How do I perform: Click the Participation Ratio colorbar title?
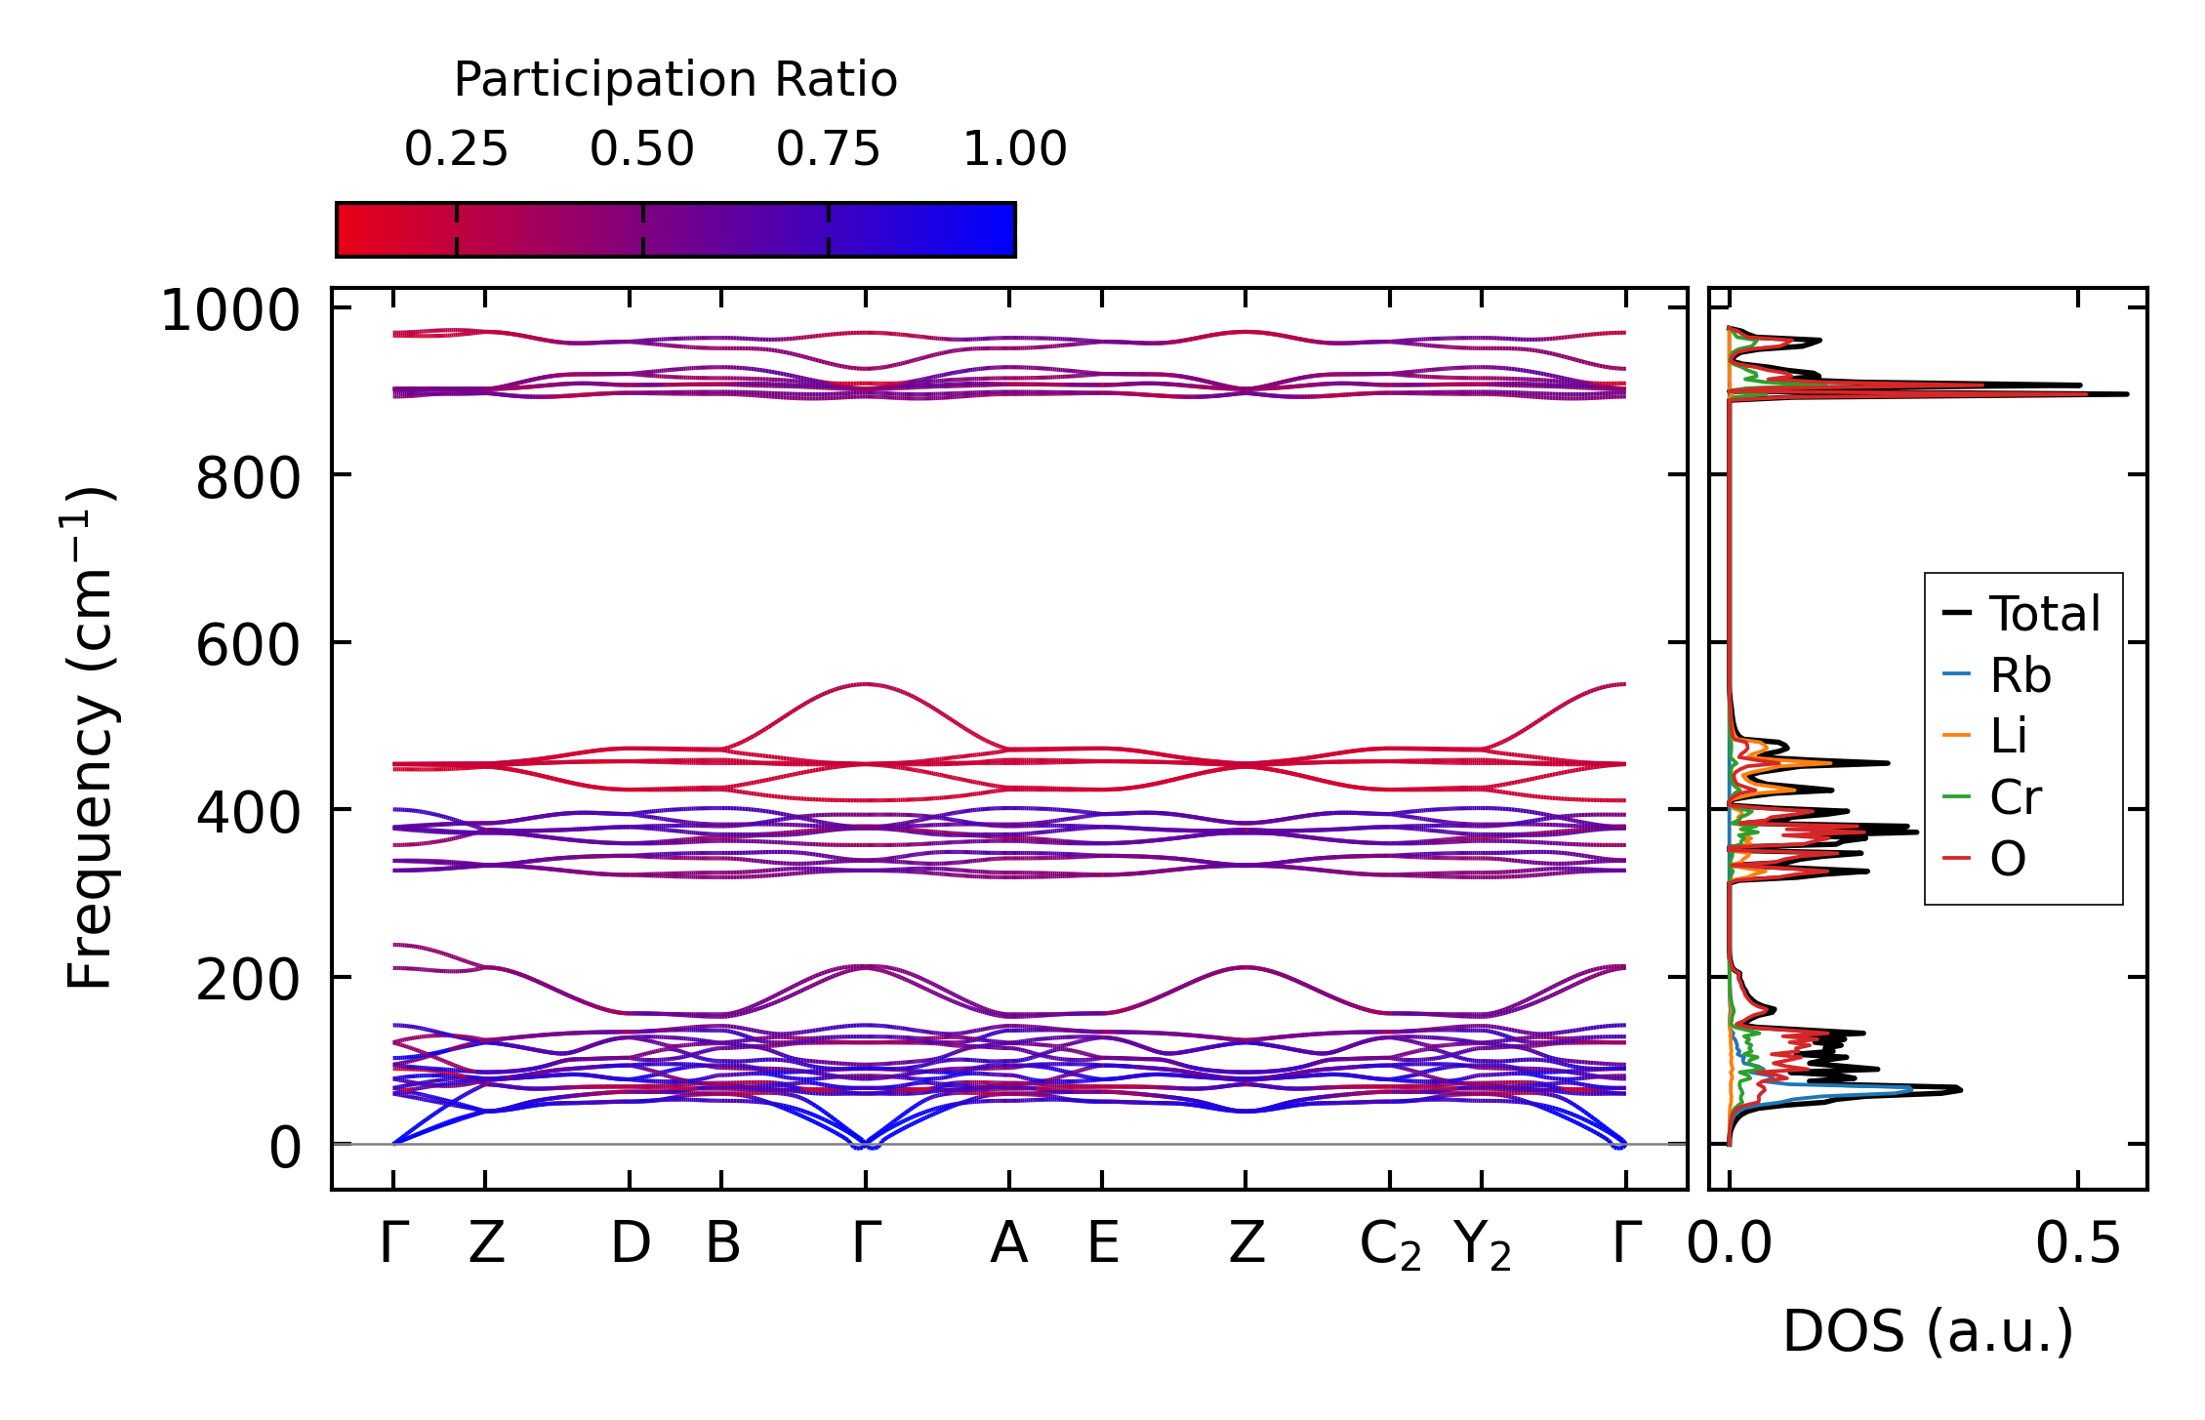[675, 80]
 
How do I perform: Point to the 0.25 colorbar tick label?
[456, 149]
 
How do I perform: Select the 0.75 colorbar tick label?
[828, 149]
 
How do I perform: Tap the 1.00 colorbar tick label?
[1014, 149]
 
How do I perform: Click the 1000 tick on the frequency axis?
[230, 312]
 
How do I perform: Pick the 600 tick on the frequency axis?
[248, 646]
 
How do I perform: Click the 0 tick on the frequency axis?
[285, 1148]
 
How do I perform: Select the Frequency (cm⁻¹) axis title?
[91, 738]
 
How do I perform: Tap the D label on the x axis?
[630, 1243]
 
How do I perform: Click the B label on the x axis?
[722, 1243]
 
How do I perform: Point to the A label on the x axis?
[1008, 1243]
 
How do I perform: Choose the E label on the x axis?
[1102, 1243]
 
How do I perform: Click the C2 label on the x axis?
[1390, 1245]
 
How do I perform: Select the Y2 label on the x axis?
[1482, 1245]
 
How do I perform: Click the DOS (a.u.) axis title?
[1928, 1331]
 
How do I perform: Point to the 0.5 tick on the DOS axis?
[2078, 1243]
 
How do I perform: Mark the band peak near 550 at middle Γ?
[865, 684]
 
